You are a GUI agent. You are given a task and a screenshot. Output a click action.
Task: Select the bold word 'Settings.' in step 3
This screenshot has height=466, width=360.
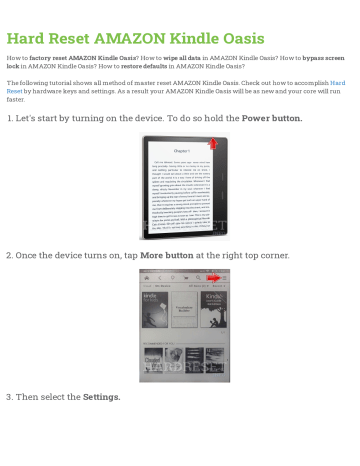coord(101,396)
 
